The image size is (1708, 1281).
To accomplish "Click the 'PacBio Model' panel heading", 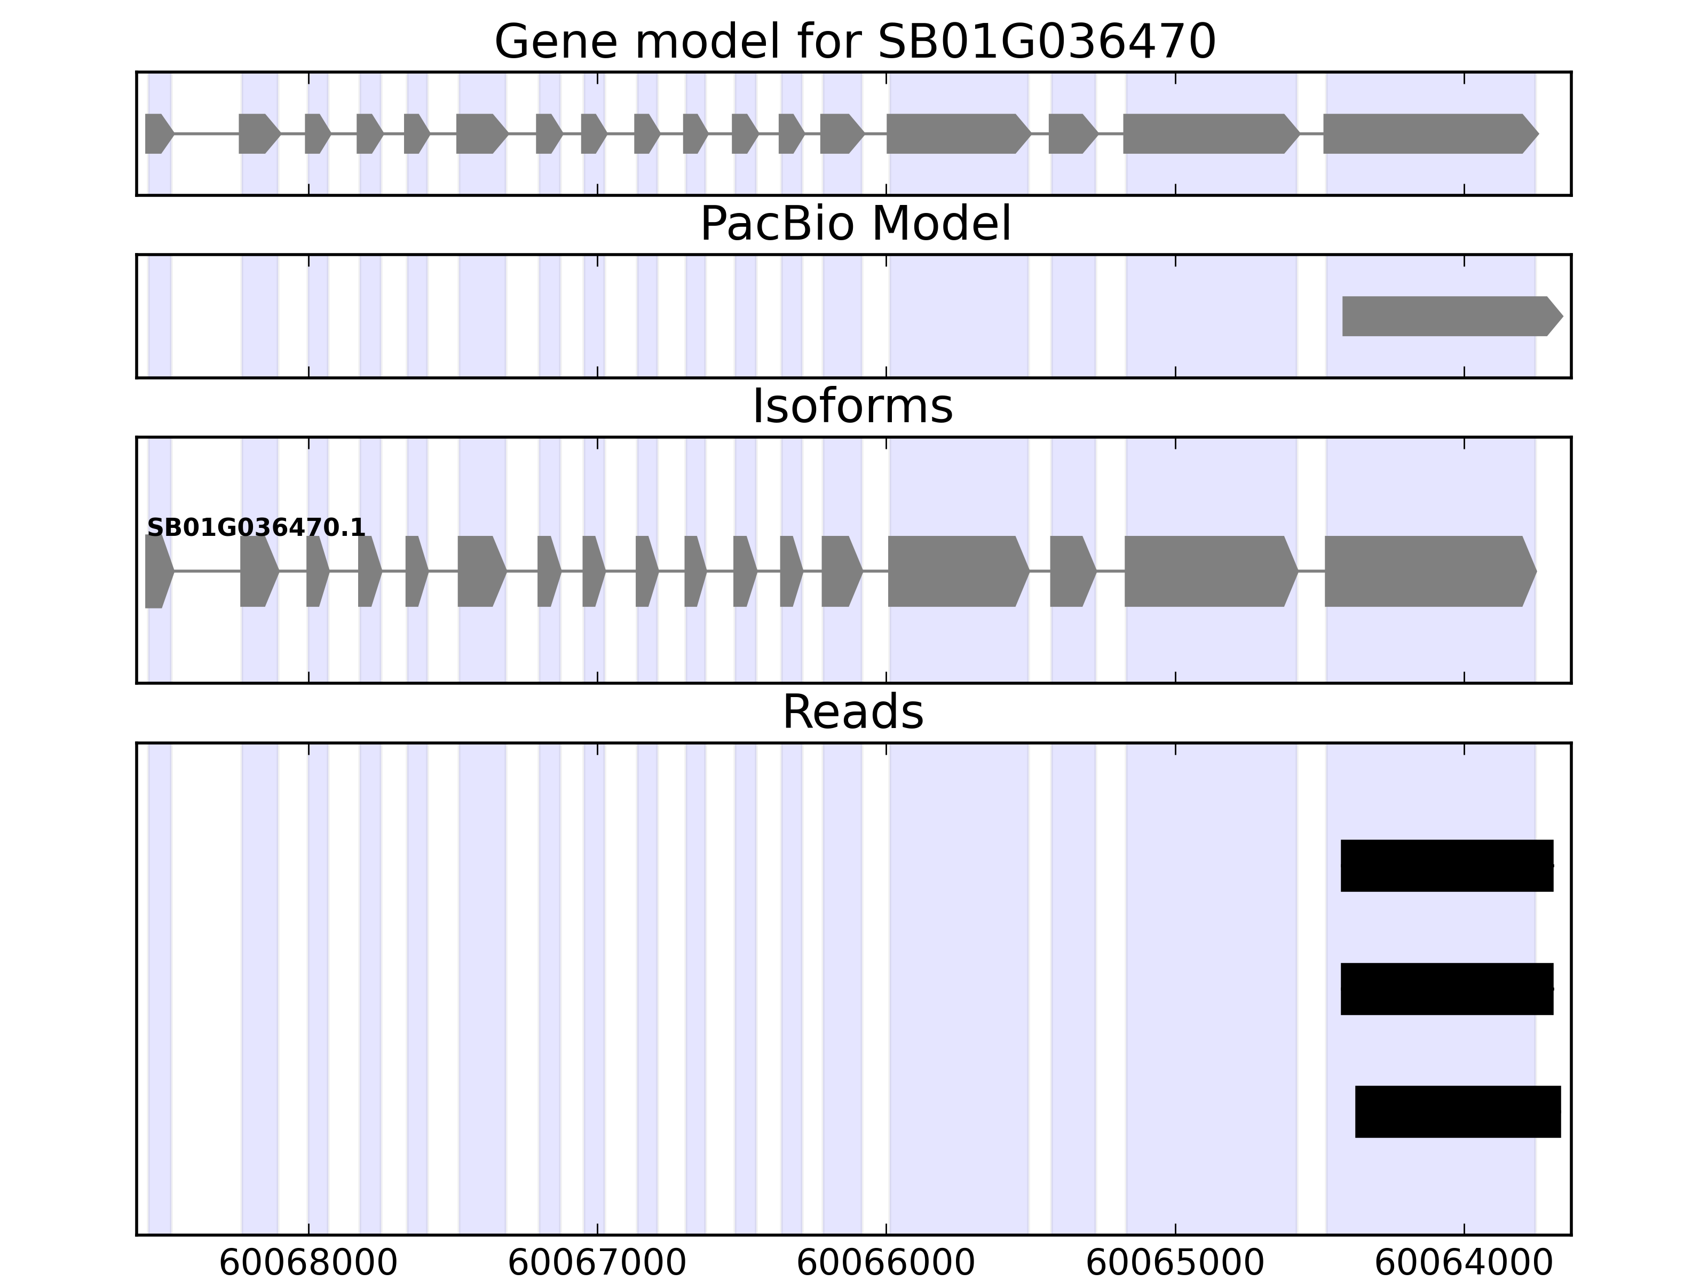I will click(855, 224).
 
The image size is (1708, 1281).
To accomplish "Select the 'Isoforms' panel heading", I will click(852, 407).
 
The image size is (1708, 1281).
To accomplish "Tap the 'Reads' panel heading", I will click(852, 712).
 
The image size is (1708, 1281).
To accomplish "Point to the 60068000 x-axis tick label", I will click(308, 1263).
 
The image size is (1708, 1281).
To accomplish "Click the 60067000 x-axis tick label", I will click(597, 1263).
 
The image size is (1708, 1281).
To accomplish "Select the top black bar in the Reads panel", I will click(1446, 866).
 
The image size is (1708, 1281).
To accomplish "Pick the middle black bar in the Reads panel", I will click(1446, 989).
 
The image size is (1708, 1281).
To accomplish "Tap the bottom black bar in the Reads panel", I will click(1457, 1112).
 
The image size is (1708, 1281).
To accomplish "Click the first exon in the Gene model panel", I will click(157, 133).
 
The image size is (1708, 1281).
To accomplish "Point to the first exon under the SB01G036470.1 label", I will click(157, 572).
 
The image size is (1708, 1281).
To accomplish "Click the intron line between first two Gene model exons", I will click(206, 133).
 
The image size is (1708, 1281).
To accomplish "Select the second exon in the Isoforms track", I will click(258, 572).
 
